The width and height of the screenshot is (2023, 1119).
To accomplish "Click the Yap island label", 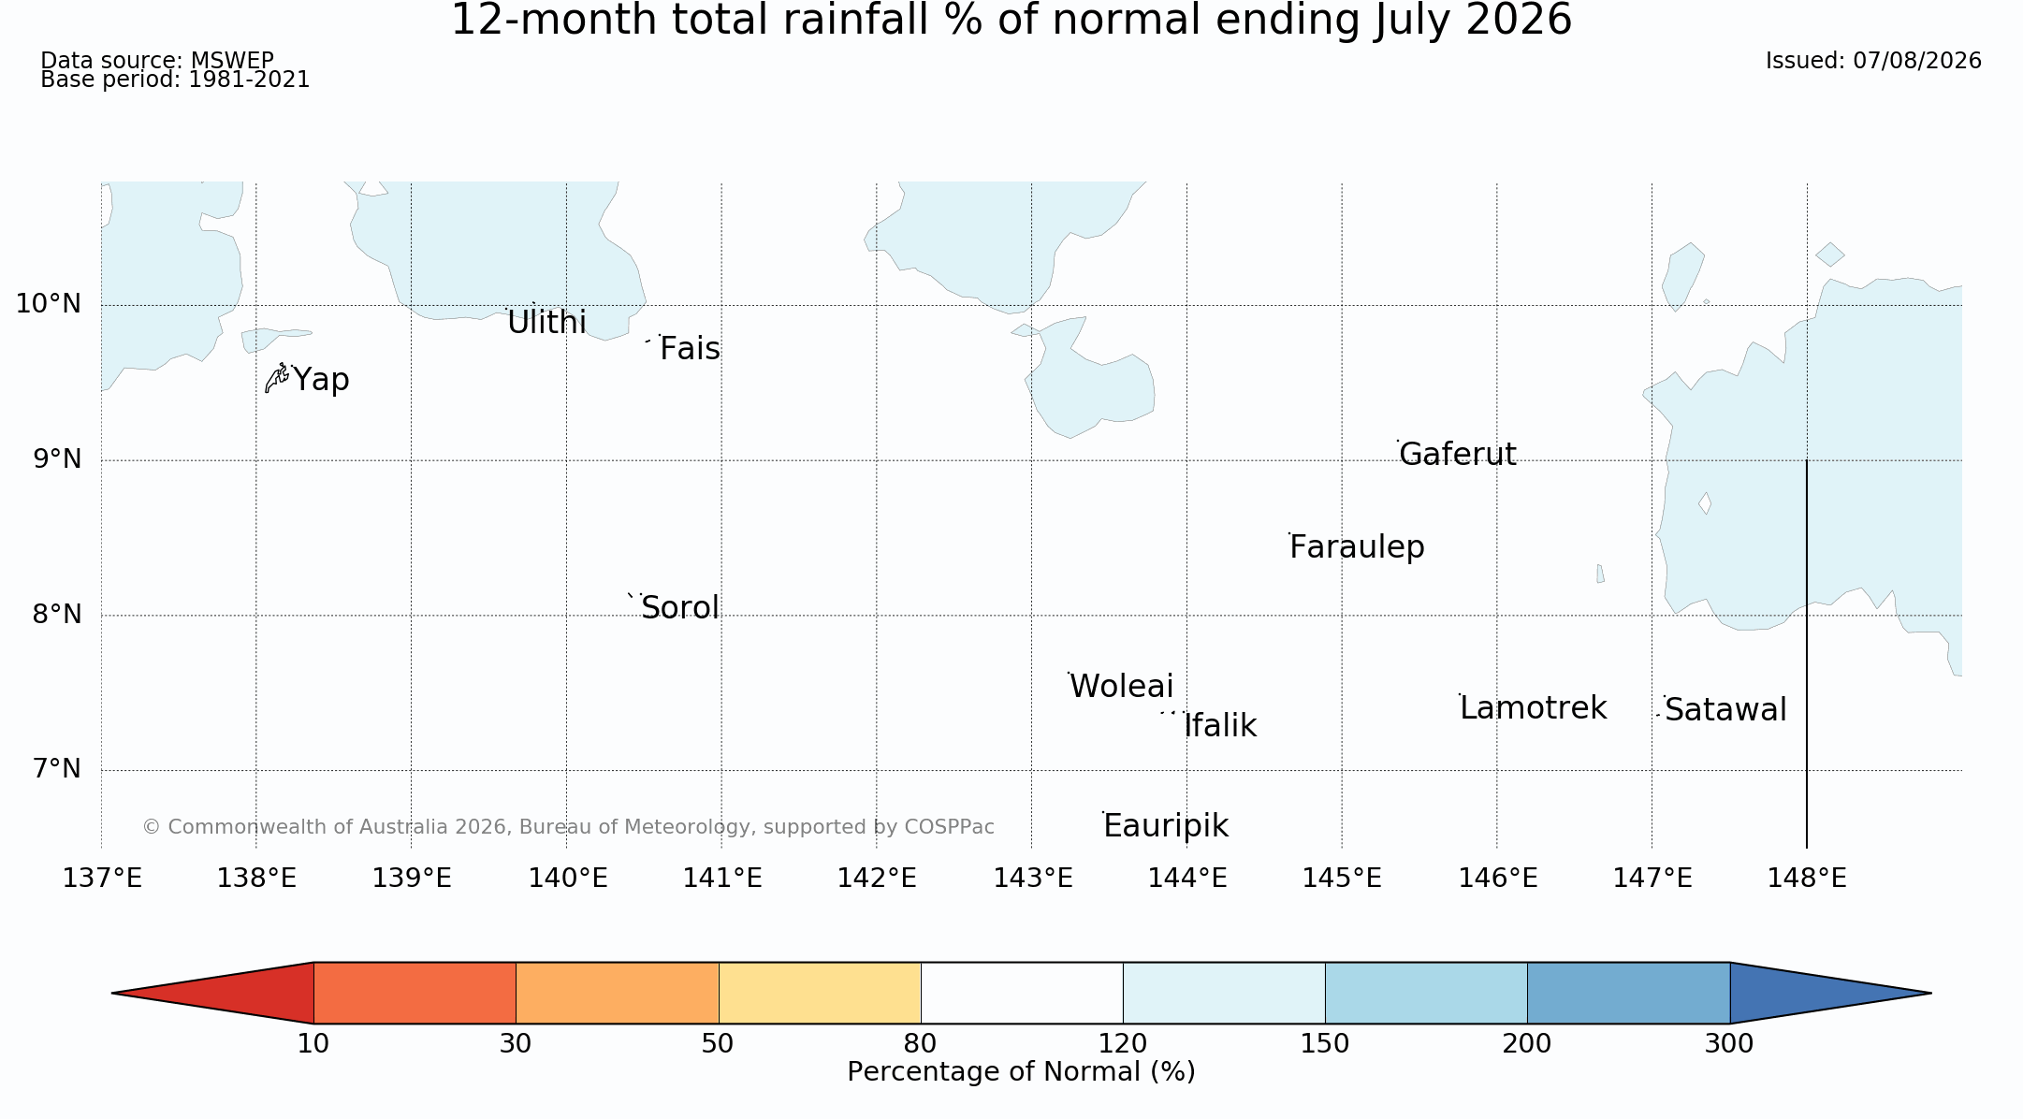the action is point(321,380).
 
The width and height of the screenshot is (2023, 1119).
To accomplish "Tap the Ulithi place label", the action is point(546,323).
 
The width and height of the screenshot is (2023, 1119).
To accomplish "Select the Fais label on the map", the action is point(690,349).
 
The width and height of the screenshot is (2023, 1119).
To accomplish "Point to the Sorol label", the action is point(680,608).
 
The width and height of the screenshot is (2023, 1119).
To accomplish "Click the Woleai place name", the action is point(1121,687).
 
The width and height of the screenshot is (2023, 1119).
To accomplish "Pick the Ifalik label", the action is point(1220,726).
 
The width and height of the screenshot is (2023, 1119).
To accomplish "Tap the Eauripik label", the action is point(1166,826).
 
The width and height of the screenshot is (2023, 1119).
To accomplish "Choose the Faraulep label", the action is point(1357,547).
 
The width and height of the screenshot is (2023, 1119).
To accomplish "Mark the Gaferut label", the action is point(1458,454).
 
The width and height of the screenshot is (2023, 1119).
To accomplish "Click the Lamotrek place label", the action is point(1534,708).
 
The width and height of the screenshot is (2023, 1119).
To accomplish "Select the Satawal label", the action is point(1725,710).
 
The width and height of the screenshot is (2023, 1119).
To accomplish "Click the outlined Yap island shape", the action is point(276,378).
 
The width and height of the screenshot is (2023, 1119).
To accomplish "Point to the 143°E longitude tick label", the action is point(1032,879).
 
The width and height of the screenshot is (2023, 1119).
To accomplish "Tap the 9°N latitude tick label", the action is point(57,458).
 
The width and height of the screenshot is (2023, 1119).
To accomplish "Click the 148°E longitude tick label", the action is point(1807,879).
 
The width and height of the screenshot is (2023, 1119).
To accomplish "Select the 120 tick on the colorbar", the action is point(1123,1043).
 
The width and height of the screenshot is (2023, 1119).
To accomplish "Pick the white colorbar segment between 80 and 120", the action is point(1022,993).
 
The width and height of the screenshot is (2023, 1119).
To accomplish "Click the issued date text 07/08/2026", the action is point(1917,61).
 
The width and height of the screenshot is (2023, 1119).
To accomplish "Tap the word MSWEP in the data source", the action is point(232,61).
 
